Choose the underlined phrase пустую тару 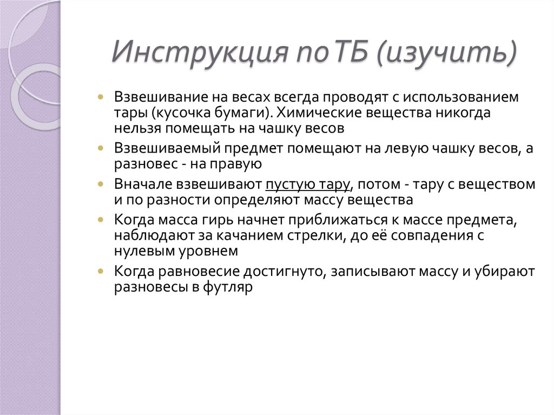(x=307, y=184)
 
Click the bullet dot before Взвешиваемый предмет (x=103, y=148)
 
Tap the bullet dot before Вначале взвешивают (x=103, y=183)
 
